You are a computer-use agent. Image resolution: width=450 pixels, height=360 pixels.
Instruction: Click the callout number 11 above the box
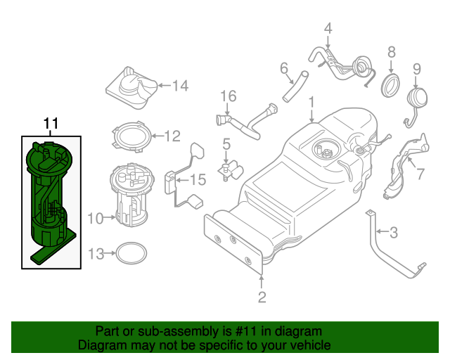(51, 124)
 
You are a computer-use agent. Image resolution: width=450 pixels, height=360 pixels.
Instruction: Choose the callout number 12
(172, 136)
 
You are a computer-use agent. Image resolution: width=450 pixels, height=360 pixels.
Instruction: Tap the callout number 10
(96, 218)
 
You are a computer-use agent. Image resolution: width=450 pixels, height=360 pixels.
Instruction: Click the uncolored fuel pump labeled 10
(131, 195)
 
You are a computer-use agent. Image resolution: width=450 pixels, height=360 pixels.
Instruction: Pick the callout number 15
(198, 180)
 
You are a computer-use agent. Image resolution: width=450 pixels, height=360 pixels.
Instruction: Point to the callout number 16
(226, 96)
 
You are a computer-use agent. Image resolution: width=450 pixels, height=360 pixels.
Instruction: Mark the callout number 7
(420, 174)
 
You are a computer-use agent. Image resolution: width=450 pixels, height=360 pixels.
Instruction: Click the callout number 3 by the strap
(394, 231)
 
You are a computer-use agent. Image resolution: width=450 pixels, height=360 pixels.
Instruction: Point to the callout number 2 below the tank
(262, 297)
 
